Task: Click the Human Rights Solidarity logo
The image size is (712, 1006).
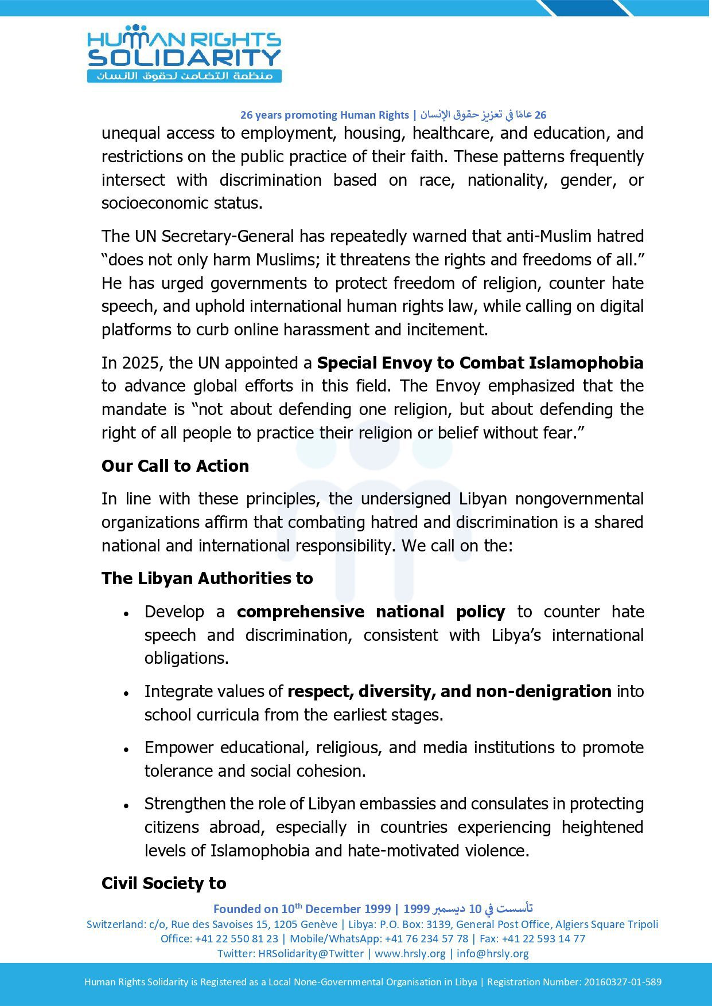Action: point(184,54)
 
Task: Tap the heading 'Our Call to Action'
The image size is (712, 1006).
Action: point(175,466)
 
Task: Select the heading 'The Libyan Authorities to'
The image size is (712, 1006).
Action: point(207,578)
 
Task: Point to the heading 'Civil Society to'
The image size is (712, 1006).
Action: point(164,883)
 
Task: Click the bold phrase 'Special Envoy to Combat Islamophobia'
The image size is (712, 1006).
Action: point(480,363)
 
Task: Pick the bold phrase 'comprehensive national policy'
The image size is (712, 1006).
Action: point(371,612)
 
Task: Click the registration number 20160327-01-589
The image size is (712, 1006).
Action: point(622,982)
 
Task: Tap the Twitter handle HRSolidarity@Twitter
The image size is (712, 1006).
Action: point(311,953)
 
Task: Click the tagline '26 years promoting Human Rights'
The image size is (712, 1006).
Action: point(324,115)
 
